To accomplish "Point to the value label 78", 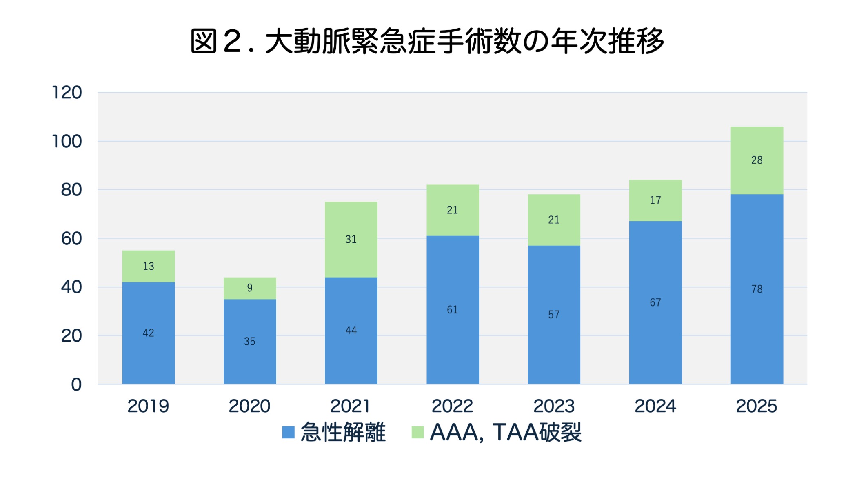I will (x=757, y=289).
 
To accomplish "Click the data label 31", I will (x=351, y=239).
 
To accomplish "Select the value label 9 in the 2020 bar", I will (x=250, y=288).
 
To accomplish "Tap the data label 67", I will (x=655, y=302).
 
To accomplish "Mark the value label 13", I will (x=149, y=267).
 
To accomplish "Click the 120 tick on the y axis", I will (x=67, y=93).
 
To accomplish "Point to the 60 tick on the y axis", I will (x=71, y=239).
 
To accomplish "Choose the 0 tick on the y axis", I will (x=76, y=384).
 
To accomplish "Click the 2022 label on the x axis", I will (x=452, y=406).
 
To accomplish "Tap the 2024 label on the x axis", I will (x=655, y=406).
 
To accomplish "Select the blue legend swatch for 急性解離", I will (x=289, y=433).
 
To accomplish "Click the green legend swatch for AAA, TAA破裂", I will (x=417, y=433).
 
